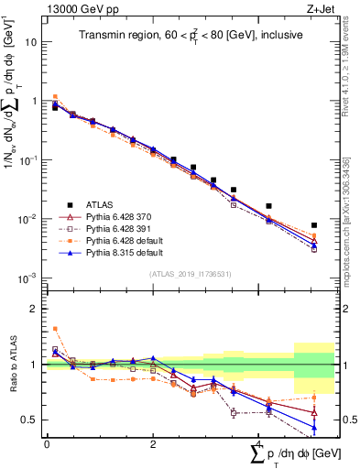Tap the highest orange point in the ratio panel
pos(55,328)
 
